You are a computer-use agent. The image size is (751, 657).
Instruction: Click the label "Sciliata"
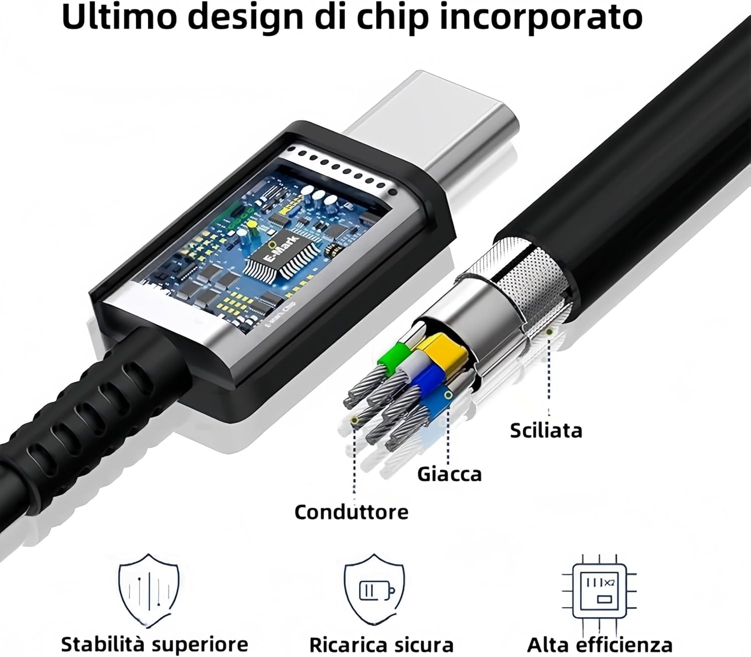coord(546,430)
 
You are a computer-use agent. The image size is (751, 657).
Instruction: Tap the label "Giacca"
coord(449,473)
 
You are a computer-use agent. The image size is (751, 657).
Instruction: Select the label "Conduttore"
coord(351,512)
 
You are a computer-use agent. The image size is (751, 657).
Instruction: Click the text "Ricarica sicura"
coord(381,644)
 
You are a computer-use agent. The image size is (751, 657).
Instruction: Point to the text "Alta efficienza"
coord(599,644)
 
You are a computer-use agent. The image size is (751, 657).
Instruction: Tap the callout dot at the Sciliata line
coord(550,331)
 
